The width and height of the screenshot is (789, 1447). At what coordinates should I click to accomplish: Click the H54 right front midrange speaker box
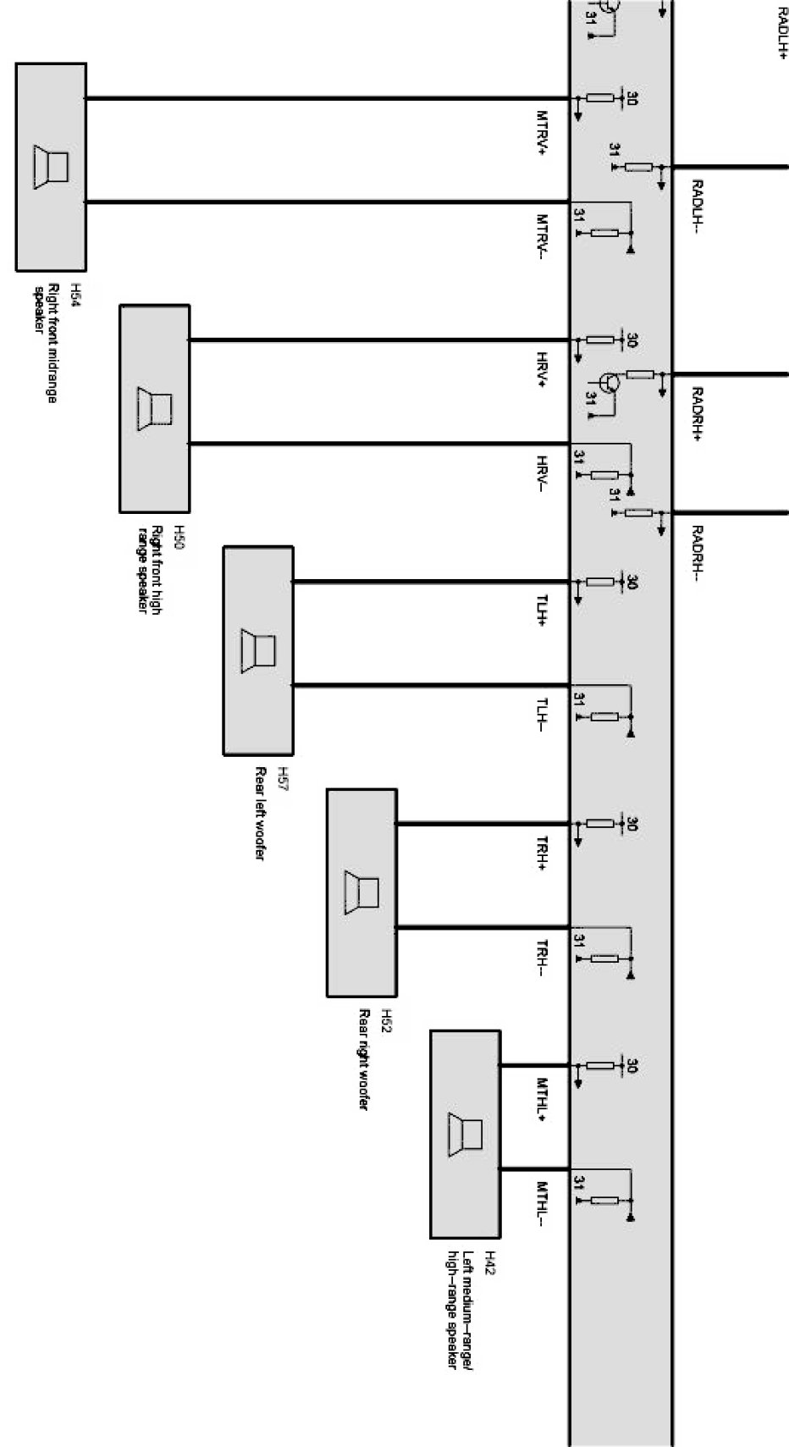pyautogui.click(x=51, y=166)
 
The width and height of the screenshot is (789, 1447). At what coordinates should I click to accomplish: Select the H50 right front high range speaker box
pyautogui.click(x=154, y=408)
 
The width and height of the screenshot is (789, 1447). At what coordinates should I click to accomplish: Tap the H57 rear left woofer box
pyautogui.click(x=258, y=649)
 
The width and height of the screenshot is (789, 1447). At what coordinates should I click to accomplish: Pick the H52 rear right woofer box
pyautogui.click(x=361, y=892)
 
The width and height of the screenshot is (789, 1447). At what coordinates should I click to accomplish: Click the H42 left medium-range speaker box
pyautogui.click(x=465, y=1134)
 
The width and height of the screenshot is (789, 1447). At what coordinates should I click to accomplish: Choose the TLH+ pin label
pyautogui.click(x=542, y=611)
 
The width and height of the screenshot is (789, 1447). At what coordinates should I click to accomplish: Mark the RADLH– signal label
pyautogui.click(x=698, y=207)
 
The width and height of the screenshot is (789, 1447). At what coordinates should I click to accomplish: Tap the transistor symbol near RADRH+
pyautogui.click(x=608, y=382)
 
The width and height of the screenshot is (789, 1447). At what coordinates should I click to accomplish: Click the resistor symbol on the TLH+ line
pyautogui.click(x=600, y=582)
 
